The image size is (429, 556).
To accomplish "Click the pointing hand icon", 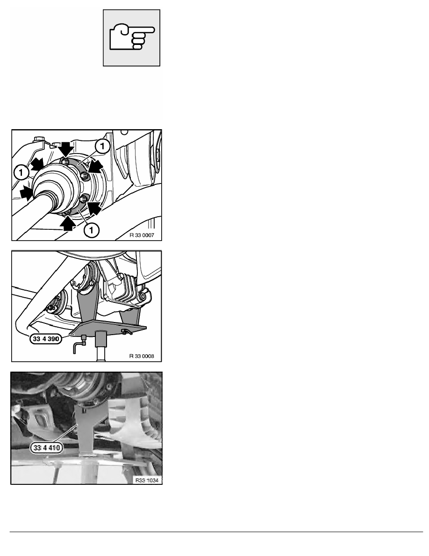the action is (132, 37).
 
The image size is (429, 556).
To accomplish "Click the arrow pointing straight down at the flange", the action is (66, 150).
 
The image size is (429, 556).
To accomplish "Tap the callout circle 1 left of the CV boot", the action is (21, 173).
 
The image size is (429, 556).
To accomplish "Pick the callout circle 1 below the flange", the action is (91, 230).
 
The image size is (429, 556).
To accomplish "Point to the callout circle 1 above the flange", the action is (102, 146).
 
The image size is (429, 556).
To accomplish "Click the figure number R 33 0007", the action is (142, 235).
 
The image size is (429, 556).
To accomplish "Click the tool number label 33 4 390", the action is (46, 339).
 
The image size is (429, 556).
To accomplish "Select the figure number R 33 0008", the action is (142, 356).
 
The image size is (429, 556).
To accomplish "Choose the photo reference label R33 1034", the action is (147, 480).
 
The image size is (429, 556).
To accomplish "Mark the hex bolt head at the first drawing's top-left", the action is (37, 139).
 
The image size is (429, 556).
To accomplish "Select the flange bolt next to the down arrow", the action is (65, 162).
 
